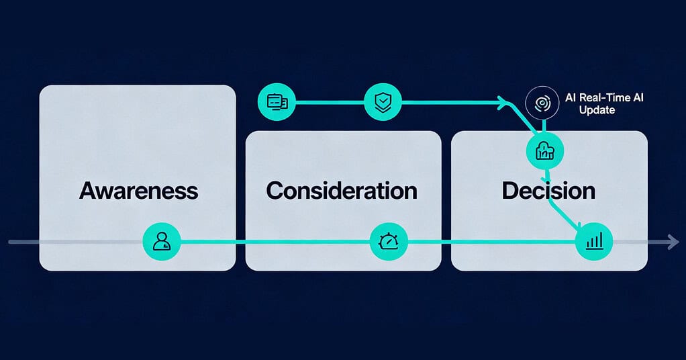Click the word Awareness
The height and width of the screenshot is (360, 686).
point(138,190)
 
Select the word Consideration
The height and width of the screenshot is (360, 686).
point(342,190)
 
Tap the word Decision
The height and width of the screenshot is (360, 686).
point(548,190)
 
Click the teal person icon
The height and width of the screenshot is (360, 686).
point(162,241)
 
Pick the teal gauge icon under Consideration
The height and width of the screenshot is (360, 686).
point(389,241)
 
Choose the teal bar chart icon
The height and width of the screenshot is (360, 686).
point(595,241)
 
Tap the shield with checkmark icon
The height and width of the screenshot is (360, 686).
point(383,102)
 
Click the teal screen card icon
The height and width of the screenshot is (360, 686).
point(277,102)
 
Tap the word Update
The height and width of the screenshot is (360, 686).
point(597,109)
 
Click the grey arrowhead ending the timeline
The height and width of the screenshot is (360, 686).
point(673,242)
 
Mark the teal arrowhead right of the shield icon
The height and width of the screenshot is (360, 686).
point(502,102)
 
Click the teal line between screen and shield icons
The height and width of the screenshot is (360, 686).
point(329,102)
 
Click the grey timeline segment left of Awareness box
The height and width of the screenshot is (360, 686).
point(23,242)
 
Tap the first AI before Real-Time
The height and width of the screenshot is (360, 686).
point(571,98)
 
